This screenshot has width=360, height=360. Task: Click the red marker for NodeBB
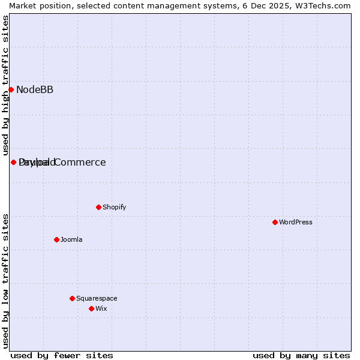tap(11, 89)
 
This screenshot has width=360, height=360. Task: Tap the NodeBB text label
tap(35, 90)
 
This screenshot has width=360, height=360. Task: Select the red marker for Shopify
tap(98, 207)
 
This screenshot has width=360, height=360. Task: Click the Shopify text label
tap(114, 208)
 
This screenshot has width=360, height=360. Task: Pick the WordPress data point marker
tap(275, 222)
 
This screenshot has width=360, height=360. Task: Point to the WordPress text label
tap(295, 223)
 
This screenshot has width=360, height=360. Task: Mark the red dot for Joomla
tap(56, 239)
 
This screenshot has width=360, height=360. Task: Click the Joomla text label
tap(71, 240)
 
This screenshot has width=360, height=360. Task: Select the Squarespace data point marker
tap(72, 298)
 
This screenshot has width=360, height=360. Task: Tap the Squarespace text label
tap(97, 299)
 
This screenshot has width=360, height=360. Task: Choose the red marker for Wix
tap(91, 308)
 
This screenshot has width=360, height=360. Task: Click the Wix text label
tap(101, 309)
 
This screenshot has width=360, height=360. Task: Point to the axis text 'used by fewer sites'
tap(62, 355)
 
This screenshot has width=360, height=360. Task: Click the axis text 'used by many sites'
tap(301, 355)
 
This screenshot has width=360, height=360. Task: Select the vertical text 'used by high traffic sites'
tap(5, 85)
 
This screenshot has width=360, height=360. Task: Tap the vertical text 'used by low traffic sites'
tap(5, 281)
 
